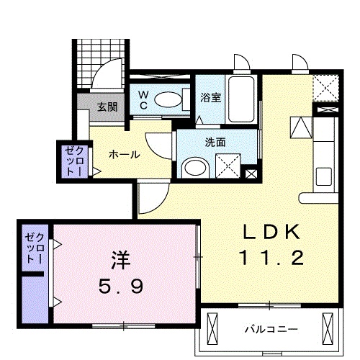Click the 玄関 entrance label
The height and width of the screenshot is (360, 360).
tap(107, 107)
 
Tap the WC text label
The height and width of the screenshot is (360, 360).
tap(143, 99)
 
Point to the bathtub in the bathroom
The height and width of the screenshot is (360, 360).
tap(239, 99)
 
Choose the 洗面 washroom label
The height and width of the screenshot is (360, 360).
tap(214, 141)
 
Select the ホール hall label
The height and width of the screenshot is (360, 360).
tap(124, 154)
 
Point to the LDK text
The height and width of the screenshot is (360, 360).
tap(270, 232)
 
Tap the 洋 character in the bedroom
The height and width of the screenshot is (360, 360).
tap(120, 258)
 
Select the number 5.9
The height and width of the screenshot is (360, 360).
tap(120, 286)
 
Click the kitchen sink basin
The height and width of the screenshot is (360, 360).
tap(325, 174)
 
